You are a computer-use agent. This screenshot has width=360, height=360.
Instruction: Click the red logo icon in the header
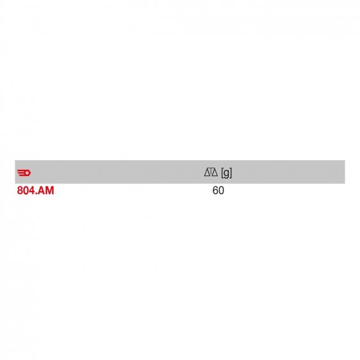click(24, 173)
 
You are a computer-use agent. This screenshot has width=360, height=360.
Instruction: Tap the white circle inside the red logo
click(27, 173)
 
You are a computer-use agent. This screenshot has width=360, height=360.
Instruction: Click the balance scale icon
click(211, 172)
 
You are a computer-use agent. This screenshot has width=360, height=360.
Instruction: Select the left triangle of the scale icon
click(208, 172)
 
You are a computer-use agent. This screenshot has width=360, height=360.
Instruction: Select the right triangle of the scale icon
click(215, 172)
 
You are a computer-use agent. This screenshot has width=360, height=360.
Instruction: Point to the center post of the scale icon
click(211, 172)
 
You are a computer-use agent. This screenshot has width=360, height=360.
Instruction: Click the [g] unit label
click(226, 173)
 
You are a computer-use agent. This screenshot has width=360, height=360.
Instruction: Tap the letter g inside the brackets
click(226, 174)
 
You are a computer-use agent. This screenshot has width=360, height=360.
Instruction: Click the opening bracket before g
click(222, 173)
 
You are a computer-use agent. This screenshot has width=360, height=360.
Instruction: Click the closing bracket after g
click(231, 173)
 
